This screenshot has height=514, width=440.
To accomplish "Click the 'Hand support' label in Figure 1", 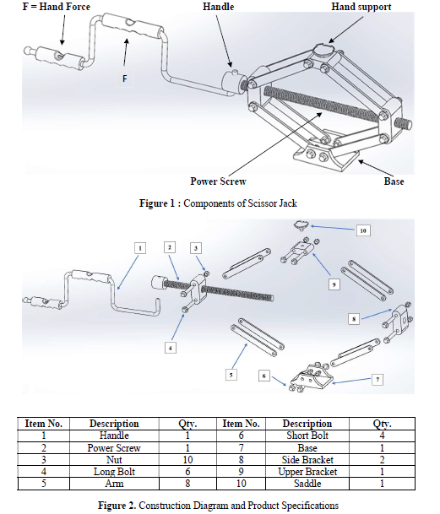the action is coord(361,7).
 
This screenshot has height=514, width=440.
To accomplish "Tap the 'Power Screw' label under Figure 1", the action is coord(218,181).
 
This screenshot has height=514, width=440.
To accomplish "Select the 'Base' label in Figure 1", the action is coord(394,181).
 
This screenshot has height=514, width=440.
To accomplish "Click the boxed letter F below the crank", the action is coord(125,79).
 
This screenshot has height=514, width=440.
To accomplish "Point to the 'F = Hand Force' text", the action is coord(56,7).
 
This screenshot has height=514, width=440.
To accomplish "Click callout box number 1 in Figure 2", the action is coord(140,248).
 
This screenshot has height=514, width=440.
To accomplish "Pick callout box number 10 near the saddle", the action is coord(363,230).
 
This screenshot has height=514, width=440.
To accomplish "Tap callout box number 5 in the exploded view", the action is coord(231,375).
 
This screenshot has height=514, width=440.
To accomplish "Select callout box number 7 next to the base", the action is coord(378,380).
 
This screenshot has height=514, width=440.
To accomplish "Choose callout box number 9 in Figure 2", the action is coord(334,284).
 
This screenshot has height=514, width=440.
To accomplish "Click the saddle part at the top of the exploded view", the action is coord(301,225).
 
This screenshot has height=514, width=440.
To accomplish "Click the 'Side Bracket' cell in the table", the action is coord(307,460).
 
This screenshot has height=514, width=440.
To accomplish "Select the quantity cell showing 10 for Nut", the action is coord(187,460).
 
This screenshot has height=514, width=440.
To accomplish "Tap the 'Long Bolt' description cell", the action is coord(114,472).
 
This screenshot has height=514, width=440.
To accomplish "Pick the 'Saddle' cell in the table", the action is coord(307,484).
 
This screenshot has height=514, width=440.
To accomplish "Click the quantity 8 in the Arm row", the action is coord(187,484).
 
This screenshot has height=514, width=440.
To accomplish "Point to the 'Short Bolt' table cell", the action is coord(307,436).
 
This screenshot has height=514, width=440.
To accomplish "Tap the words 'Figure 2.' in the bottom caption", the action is coord(117,506).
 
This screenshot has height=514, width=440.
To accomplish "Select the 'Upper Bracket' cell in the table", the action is coord(307,472).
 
